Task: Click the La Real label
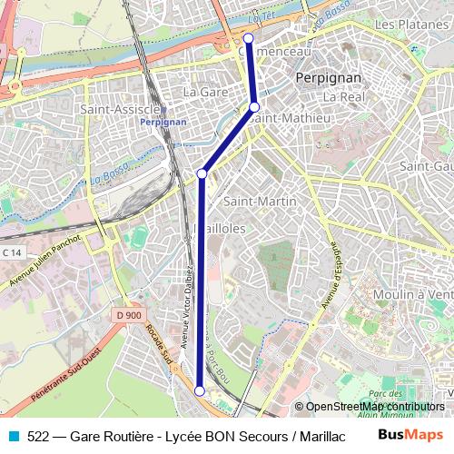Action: [x=342, y=96]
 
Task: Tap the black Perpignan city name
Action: [x=329, y=78]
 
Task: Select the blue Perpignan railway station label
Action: [x=164, y=121]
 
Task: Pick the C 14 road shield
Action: [x=12, y=252]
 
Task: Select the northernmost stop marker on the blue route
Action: [x=249, y=38]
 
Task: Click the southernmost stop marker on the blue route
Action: [x=200, y=390]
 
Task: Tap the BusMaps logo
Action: [x=403, y=436]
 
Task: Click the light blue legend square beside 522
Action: [x=13, y=436]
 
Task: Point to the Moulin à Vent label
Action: [x=413, y=293]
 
